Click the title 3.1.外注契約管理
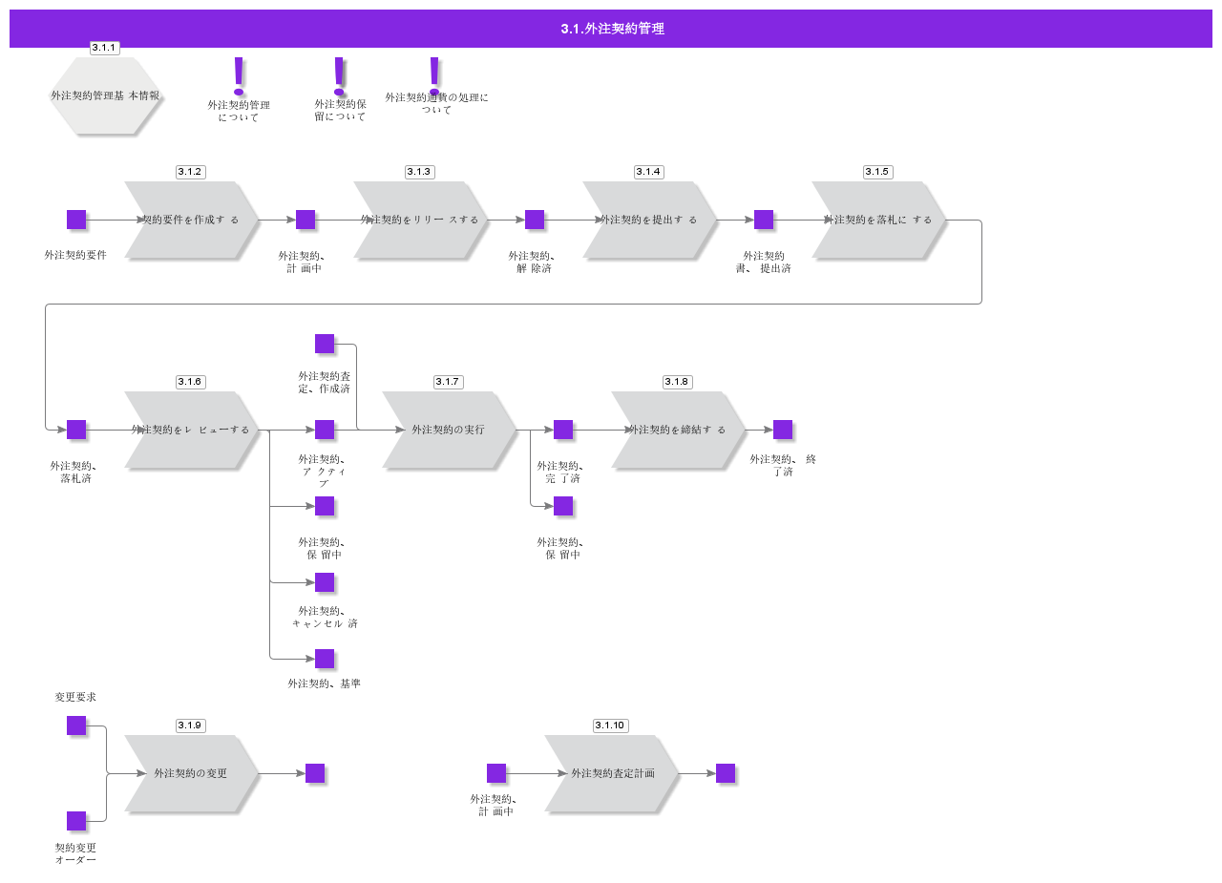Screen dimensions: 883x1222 pyautogui.click(x=612, y=29)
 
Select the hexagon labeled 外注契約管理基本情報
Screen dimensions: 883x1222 pyautogui.click(x=105, y=96)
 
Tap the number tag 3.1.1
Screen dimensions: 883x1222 pyautogui.click(x=104, y=48)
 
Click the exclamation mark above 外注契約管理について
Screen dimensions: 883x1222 pyautogui.click(x=239, y=75)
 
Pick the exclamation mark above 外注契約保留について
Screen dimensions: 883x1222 pyautogui.click(x=339, y=75)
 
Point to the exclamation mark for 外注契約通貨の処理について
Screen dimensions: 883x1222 pyautogui.click(x=434, y=74)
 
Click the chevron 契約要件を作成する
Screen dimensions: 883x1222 pyautogui.click(x=191, y=220)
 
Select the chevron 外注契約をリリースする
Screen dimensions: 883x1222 pyautogui.click(x=420, y=220)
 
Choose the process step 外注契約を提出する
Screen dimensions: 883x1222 pyautogui.click(x=649, y=220)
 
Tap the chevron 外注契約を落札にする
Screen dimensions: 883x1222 pyautogui.click(x=878, y=220)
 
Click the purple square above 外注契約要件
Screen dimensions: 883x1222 pyautogui.click(x=76, y=220)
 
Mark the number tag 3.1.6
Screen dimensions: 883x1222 pyautogui.click(x=190, y=382)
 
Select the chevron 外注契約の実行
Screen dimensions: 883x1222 pyautogui.click(x=449, y=430)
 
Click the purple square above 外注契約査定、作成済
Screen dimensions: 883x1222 pyautogui.click(x=325, y=344)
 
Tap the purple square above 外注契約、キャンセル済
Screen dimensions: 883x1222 pyautogui.click(x=325, y=582)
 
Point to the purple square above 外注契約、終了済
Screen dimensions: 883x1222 pyautogui.click(x=783, y=430)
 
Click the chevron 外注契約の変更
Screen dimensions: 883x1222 pyautogui.click(x=191, y=773)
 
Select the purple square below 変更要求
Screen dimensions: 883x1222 pyautogui.click(x=76, y=725)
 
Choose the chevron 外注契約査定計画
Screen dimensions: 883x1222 pyautogui.click(x=612, y=773)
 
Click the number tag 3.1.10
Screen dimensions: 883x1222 pyautogui.click(x=610, y=725)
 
